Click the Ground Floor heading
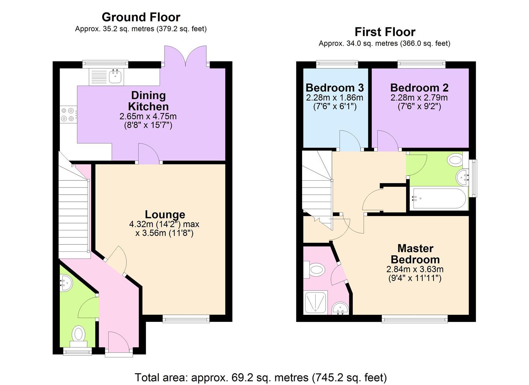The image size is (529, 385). click(141, 17)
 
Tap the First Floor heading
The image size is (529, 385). click(385, 32)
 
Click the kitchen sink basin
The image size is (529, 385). click(115, 77)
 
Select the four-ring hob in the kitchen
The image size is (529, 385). click(68, 115)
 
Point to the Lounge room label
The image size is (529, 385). click(165, 215)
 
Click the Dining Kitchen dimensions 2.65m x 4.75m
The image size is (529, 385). click(148, 116)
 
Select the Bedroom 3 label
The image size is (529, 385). click(334, 88)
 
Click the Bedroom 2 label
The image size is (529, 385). click(419, 88)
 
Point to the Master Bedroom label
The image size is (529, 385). click(415, 254)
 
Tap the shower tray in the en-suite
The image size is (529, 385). click(316, 302)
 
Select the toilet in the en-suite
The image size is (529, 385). click(315, 269)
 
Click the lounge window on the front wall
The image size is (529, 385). click(186, 318)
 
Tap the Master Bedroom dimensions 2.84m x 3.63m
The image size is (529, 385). click(415, 269)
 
